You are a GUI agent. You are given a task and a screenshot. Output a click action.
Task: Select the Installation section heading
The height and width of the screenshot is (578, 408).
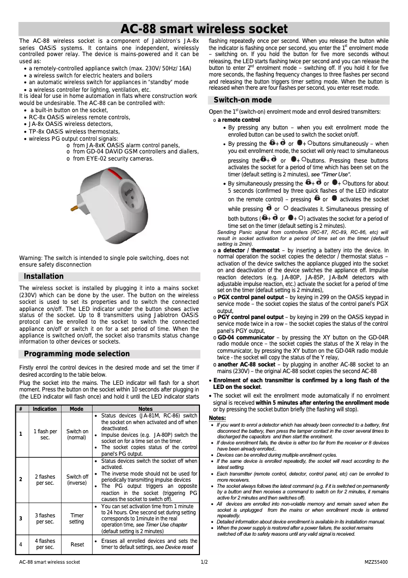click(x=44, y=276)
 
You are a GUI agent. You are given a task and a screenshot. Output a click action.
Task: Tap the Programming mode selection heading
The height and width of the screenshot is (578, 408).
click(x=77, y=354)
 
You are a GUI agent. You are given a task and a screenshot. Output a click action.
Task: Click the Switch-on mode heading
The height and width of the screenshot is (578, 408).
click(x=242, y=100)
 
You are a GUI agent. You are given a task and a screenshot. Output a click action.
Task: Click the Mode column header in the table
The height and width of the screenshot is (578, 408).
click(x=77, y=409)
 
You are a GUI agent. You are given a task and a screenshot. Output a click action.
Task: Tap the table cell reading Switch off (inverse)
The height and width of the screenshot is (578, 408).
click(x=77, y=480)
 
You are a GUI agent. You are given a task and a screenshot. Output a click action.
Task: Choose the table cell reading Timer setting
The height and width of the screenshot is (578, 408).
click(x=77, y=518)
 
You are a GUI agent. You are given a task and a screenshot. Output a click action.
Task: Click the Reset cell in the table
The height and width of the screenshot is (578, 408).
click(x=77, y=544)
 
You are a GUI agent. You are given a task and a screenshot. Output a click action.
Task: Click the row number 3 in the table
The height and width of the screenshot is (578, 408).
click(x=20, y=518)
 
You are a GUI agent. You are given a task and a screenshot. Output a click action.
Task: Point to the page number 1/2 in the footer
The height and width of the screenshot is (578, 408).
click(x=204, y=562)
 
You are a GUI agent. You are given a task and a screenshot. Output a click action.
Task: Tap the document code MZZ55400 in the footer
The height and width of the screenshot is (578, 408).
click(x=376, y=562)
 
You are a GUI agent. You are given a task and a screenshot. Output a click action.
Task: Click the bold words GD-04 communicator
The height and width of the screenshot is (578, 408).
click(x=246, y=337)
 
